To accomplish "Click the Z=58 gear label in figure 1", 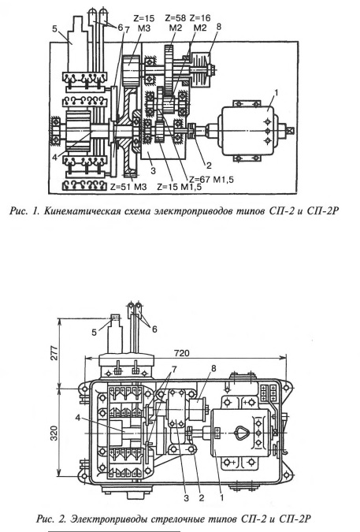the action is [176, 18].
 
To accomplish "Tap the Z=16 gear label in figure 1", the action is [200, 18].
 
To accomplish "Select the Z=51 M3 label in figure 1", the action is [128, 186].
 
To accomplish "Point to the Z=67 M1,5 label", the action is [211, 180].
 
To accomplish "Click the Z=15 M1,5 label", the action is [179, 187].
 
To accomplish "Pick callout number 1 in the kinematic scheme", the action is [276, 93].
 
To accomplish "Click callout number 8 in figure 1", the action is [218, 27].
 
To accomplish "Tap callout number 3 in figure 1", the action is [154, 170].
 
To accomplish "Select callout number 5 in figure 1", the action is [54, 28].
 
